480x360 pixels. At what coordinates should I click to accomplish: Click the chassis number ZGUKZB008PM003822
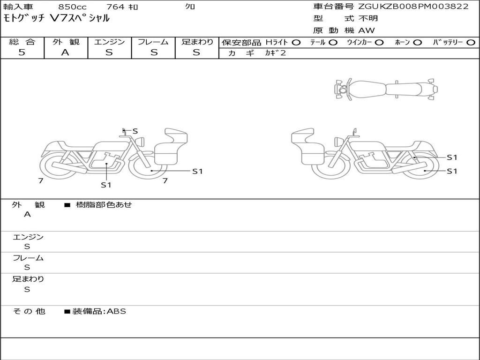[x=413, y=7]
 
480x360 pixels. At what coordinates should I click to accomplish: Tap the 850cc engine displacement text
[x=73, y=7]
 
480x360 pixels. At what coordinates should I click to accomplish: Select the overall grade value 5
[x=22, y=52]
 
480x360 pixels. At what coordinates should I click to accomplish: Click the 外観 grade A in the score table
[x=66, y=52]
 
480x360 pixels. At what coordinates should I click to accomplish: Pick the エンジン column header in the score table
[x=109, y=42]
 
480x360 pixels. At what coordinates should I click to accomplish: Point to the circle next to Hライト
[x=296, y=43]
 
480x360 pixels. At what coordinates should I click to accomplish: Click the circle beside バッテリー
[x=471, y=43]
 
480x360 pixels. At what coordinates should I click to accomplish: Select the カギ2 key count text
[x=276, y=53]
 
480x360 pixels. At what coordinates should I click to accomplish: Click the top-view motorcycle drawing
[x=386, y=89]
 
